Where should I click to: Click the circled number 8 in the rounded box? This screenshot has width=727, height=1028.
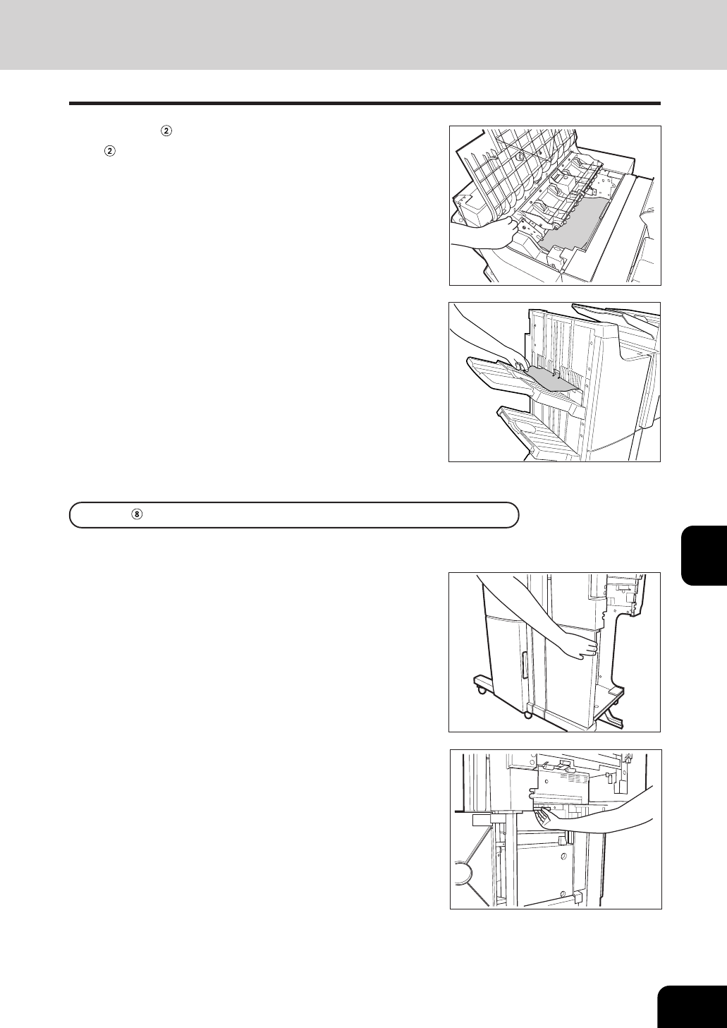click(136, 515)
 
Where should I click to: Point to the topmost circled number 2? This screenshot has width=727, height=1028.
click(166, 131)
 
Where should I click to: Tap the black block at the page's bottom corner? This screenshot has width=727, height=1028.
click(692, 1005)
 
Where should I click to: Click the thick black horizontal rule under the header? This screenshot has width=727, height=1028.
click(365, 104)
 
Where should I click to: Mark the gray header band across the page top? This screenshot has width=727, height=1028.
click(363, 35)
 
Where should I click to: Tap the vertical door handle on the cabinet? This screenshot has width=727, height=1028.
click(525, 666)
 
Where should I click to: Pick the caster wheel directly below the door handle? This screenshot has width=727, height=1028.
click(528, 714)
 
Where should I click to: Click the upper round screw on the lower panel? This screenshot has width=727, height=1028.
click(563, 857)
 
